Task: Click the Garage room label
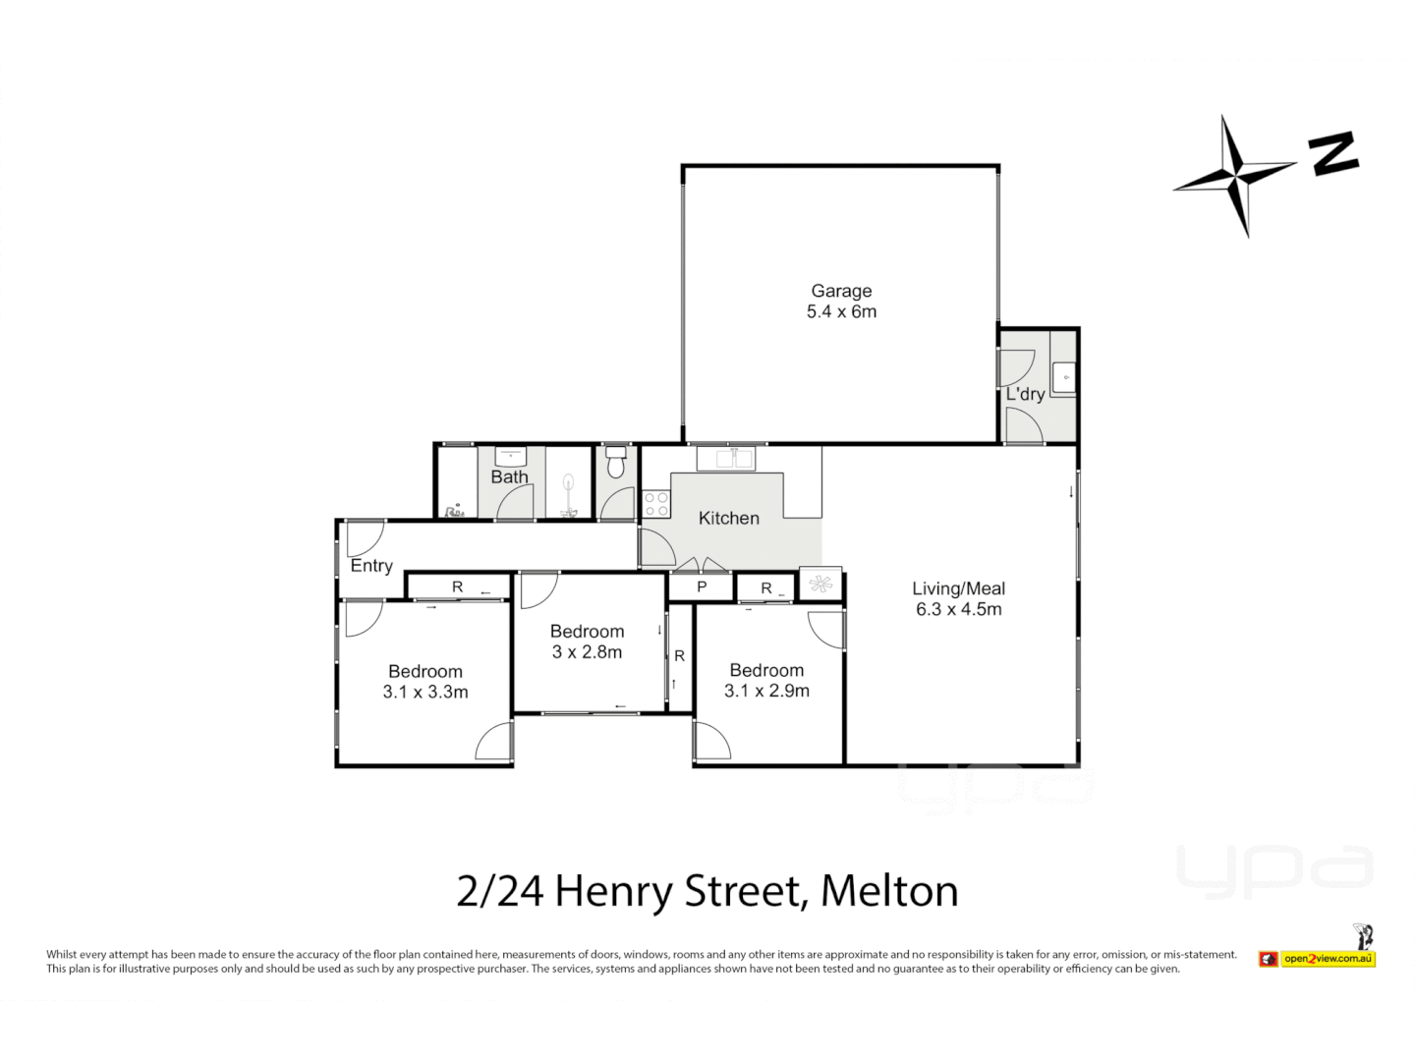click(x=841, y=291)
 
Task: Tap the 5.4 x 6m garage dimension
click(x=841, y=312)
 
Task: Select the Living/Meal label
click(x=958, y=588)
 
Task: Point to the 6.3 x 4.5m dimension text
click(x=958, y=610)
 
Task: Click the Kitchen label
click(x=728, y=518)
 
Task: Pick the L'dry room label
click(x=1025, y=394)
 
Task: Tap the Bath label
click(x=509, y=477)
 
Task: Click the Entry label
click(x=371, y=566)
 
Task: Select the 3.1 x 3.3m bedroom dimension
click(x=425, y=693)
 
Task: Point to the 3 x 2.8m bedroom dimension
click(x=587, y=652)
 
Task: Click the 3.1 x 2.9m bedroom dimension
click(x=766, y=692)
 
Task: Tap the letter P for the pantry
click(x=702, y=587)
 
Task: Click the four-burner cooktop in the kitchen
click(x=656, y=504)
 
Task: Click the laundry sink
click(x=1064, y=377)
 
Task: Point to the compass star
click(x=1235, y=176)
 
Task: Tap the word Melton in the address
click(x=888, y=891)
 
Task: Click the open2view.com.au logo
click(x=1327, y=959)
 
